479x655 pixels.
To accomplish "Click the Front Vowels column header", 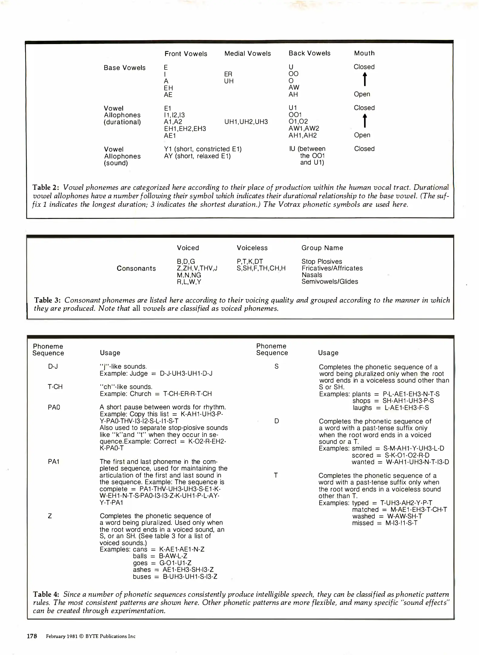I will pyautogui.click(x=186, y=54).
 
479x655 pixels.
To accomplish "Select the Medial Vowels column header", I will pyautogui.click(x=247, y=53).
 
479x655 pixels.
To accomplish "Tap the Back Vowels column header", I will pyautogui.click(x=309, y=53).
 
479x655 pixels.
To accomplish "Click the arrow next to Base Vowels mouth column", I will pyautogui.click(x=365, y=79).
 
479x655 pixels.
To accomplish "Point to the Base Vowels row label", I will pyautogui.click(x=124, y=68).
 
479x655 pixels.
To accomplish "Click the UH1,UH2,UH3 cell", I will pyautogui.click(x=246, y=122).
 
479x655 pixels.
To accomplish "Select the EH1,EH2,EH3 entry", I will pyautogui.click(x=185, y=129).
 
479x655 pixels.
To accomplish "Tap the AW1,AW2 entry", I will pyautogui.click(x=303, y=128).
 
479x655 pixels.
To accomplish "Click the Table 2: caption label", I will pyautogui.click(x=45, y=187).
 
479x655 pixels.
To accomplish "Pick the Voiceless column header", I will pyautogui.click(x=252, y=248).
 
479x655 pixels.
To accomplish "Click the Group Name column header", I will pyautogui.click(x=322, y=248).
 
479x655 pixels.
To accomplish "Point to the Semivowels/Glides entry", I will pyautogui.click(x=330, y=281).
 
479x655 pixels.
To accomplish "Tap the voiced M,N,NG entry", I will pyautogui.click(x=189, y=275).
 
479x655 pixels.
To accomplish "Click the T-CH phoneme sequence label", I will pyautogui.click(x=55, y=387).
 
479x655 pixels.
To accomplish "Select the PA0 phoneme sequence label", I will pyautogui.click(x=54, y=407).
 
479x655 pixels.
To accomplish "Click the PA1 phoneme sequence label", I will pyautogui.click(x=54, y=462).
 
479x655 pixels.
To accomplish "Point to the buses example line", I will pyautogui.click(x=175, y=576).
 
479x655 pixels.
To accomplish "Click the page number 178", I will pyautogui.click(x=32, y=636).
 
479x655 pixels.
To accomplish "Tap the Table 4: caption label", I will pyautogui.click(x=46, y=594).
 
